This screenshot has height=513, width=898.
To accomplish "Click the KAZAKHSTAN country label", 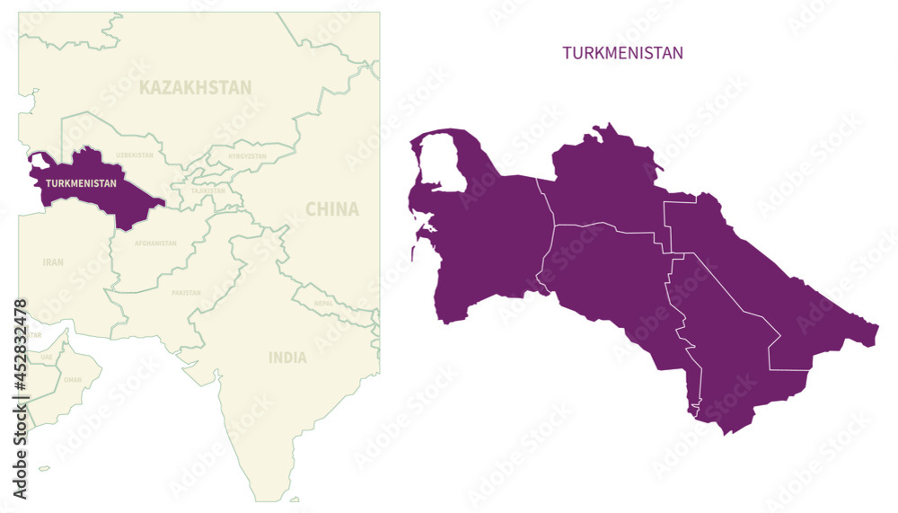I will tap(195, 87).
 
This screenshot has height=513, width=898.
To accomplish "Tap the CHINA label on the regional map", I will tap(331, 209).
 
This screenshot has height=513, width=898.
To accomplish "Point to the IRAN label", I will tap(53, 262).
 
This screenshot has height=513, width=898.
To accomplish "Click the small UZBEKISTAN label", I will tap(136, 155).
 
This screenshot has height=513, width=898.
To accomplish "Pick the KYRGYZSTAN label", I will tap(247, 155).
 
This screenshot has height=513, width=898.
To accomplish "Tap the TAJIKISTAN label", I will tap(207, 190).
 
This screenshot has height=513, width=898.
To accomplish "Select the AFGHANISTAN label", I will tap(155, 243).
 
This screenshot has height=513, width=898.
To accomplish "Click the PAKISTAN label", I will tap(186, 292).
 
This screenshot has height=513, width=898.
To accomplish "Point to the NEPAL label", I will tap(324, 303).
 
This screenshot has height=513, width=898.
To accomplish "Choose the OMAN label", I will tap(73, 379).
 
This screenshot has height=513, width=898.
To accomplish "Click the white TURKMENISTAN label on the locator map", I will tap(81, 183).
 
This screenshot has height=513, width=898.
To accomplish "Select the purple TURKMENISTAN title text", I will tap(622, 53).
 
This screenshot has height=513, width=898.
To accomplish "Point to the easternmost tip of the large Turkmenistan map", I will tap(877, 327).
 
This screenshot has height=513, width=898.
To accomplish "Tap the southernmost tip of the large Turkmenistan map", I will tap(726, 433).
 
